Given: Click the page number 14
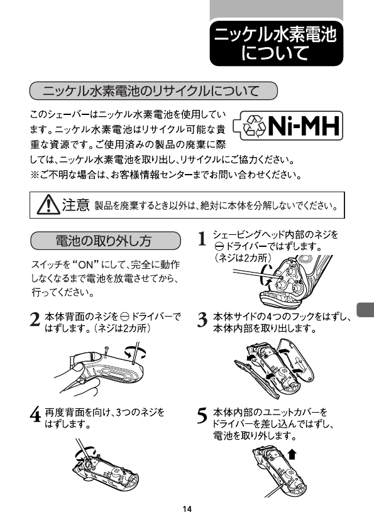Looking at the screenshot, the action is [187, 509].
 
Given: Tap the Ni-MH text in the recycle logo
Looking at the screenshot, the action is [303, 126].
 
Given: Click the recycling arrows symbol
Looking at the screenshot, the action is [255, 126].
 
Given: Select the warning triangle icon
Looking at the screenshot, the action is [48, 204].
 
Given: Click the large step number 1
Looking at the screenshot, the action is [202, 239].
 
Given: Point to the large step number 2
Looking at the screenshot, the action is [35, 320].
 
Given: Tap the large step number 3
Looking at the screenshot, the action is [202, 320].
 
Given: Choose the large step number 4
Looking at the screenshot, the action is [35, 415].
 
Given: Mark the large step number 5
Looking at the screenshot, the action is [202, 415].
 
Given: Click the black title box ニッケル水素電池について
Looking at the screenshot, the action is [276, 43].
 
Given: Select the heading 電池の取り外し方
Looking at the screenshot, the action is [105, 241].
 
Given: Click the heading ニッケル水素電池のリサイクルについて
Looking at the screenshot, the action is [153, 90].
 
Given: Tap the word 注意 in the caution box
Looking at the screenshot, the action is [75, 204].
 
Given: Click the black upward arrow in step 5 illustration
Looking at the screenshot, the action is [292, 454].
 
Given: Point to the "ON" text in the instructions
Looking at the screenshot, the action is [85, 264].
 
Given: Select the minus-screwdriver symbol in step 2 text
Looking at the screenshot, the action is [125, 317].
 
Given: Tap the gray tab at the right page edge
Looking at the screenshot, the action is [365, 310].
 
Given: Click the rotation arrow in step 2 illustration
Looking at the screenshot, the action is [136, 352].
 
